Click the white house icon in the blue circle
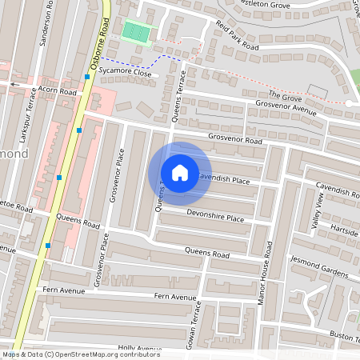tap(180, 173)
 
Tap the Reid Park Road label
tap(238, 37)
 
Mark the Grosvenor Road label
tap(235, 140)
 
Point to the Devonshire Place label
tap(215, 217)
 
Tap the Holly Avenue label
tap(140, 348)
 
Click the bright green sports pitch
tap(135, 33)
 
